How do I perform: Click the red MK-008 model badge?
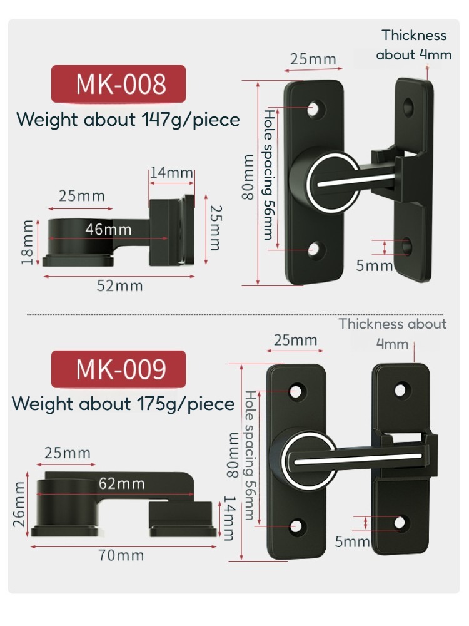(x=119, y=84)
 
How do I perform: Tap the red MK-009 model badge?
(x=119, y=369)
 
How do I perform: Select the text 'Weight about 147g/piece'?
(x=128, y=119)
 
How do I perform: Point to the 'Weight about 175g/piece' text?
(x=124, y=404)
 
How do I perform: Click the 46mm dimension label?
(x=108, y=229)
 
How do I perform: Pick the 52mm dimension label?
(x=119, y=286)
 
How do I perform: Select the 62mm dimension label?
(x=121, y=483)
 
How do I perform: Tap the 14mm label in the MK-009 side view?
(x=229, y=518)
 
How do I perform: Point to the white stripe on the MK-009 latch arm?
(x=356, y=458)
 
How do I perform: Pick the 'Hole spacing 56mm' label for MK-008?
(x=268, y=175)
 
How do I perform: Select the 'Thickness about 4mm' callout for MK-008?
(x=414, y=45)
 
